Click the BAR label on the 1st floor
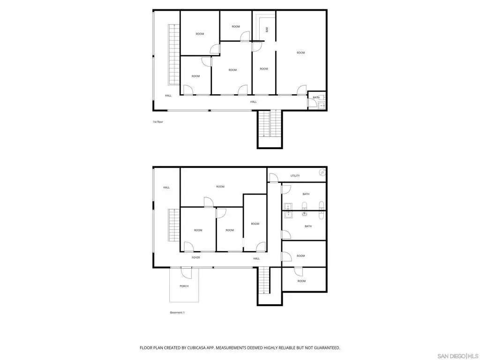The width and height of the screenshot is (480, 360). (x=267, y=30)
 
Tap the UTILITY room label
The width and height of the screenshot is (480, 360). (x=295, y=176)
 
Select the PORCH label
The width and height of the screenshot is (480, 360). (x=184, y=286)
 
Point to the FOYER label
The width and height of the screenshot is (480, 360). (x=195, y=257)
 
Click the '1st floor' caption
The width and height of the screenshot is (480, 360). (x=158, y=122)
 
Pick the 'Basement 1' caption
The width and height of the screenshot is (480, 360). (x=177, y=313)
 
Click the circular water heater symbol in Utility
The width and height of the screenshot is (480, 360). (x=322, y=172)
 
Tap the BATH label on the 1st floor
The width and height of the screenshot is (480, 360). (x=316, y=97)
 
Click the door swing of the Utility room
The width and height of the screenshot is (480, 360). (x=274, y=178)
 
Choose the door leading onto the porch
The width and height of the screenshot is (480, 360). (x=187, y=273)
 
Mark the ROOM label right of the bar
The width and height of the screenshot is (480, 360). (x=300, y=52)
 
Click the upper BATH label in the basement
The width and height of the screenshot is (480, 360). (x=306, y=194)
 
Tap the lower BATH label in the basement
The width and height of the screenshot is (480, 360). (x=308, y=226)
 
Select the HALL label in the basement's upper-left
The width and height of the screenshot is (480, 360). (x=166, y=187)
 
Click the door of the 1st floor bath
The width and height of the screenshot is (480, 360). (x=312, y=103)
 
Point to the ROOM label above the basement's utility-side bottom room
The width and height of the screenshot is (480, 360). (x=300, y=256)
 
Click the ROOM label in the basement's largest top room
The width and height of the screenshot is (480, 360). (x=220, y=187)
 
